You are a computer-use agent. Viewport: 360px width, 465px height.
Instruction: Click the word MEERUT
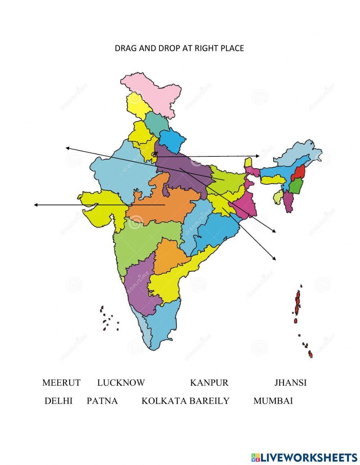[x=61, y=383]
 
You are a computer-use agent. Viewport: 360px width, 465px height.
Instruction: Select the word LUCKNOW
[x=121, y=383]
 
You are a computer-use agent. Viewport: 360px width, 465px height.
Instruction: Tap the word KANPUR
[x=209, y=383]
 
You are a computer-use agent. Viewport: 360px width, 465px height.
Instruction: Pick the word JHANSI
[x=291, y=383]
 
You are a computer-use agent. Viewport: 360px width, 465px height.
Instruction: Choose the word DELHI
[x=58, y=401]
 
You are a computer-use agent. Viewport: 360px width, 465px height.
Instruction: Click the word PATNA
[x=102, y=401]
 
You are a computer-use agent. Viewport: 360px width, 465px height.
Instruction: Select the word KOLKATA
[x=164, y=401]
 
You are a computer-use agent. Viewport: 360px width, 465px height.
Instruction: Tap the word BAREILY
[x=209, y=401]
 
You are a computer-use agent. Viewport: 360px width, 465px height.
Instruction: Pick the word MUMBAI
[x=273, y=401]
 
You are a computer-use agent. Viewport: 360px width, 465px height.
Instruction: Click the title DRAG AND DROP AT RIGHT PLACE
[x=179, y=48]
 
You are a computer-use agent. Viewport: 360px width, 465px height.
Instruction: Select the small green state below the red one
[x=296, y=186]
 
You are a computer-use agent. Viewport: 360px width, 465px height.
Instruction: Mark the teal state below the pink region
[x=157, y=122]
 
